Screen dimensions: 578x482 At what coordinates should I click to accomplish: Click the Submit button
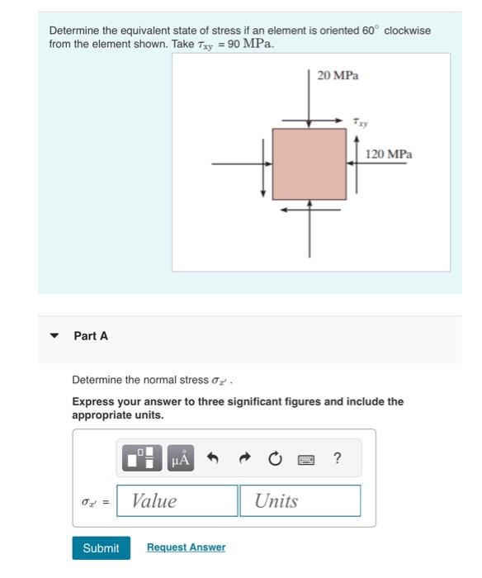tap(101, 548)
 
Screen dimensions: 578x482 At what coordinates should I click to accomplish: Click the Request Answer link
tap(186, 547)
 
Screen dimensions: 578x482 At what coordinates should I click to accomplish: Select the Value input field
tap(177, 500)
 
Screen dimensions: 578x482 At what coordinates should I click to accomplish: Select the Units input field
tap(300, 500)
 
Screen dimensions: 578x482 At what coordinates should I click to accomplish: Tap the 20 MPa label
tap(338, 75)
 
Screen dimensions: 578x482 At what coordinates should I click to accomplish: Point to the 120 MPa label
tap(389, 154)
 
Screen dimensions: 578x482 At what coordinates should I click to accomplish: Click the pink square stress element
tap(310, 163)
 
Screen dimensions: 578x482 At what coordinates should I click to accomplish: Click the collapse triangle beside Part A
tap(54, 336)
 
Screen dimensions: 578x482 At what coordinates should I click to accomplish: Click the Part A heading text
tap(91, 336)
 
